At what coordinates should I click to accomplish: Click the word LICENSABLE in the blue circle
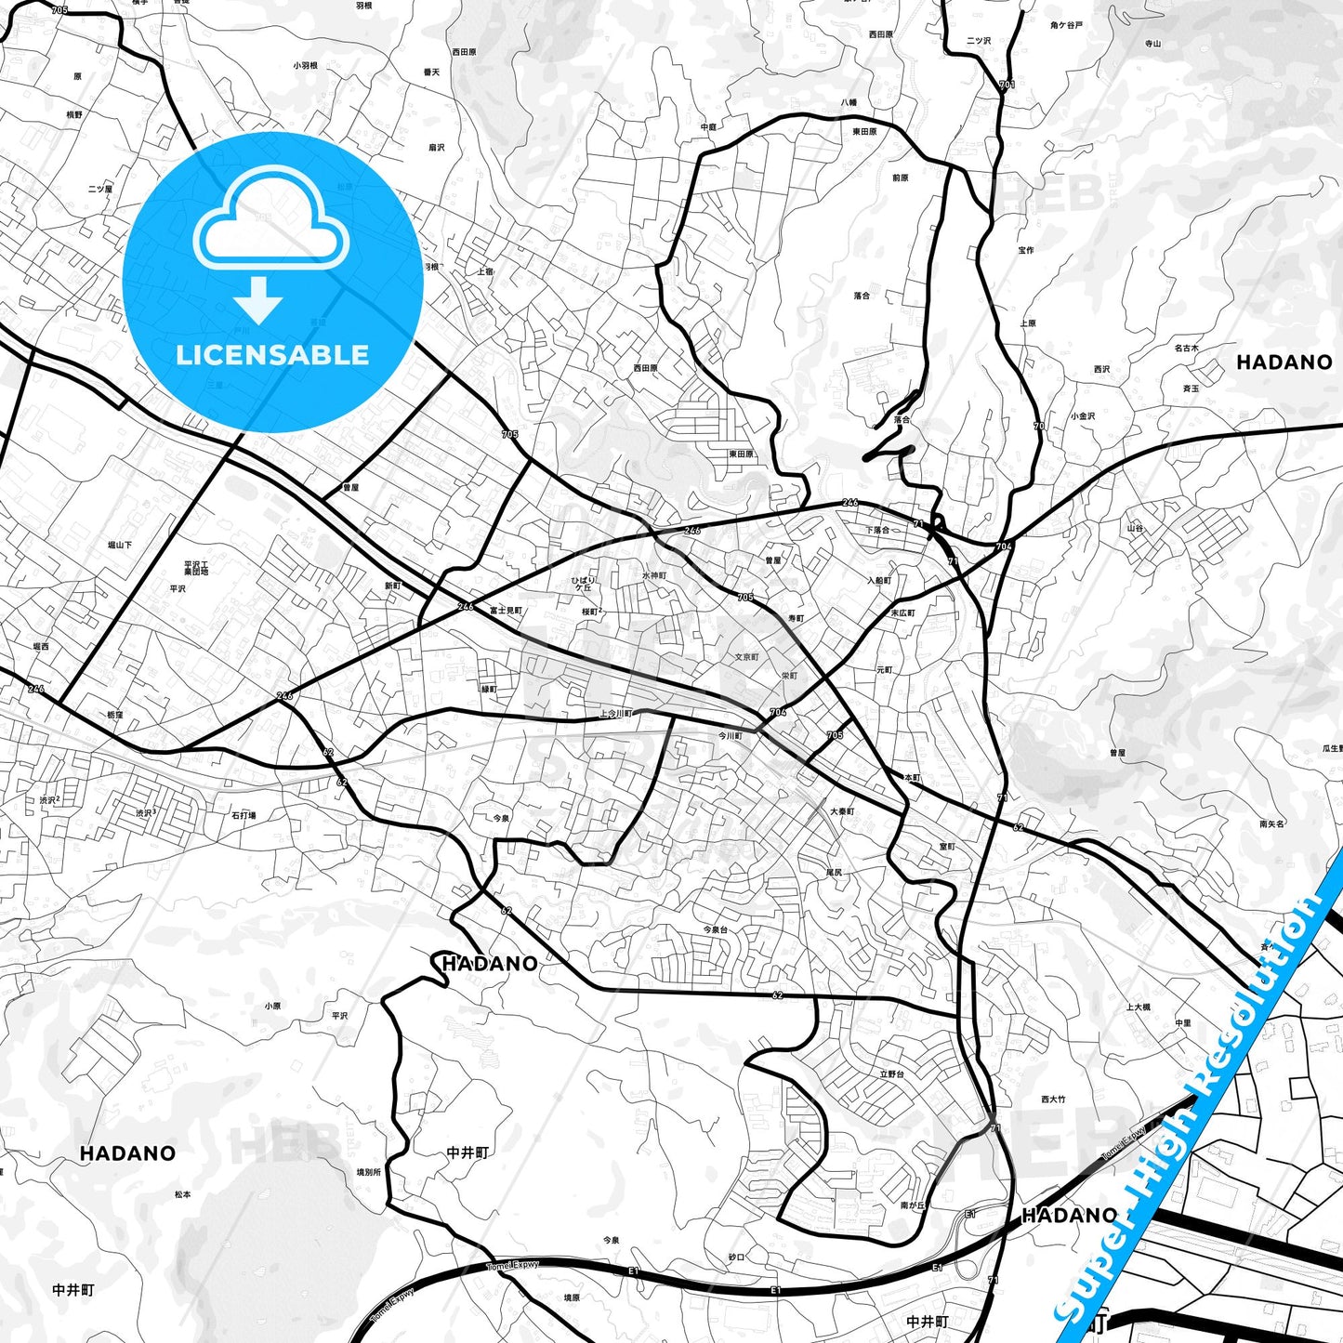[x=272, y=355]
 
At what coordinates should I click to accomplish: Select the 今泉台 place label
[x=715, y=929]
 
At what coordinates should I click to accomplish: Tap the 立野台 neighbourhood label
[x=891, y=1073]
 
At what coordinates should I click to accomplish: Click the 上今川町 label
[x=615, y=714]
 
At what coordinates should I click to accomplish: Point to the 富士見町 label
[x=506, y=611]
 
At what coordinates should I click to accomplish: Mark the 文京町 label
[x=746, y=657]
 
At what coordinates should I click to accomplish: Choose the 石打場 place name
[x=244, y=815]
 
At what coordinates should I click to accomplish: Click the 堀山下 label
[x=120, y=545]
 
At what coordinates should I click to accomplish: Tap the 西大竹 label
[x=1053, y=1099]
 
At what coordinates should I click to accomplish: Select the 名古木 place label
[x=1186, y=349]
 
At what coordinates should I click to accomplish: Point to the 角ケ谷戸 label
[x=1066, y=26]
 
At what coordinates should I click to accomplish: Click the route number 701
[x=1007, y=85]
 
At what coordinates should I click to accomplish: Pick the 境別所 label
[x=368, y=1172]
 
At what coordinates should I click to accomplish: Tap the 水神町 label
[x=654, y=575]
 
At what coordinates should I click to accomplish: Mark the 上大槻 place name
[x=1139, y=1007]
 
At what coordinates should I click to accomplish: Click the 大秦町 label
[x=842, y=811]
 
